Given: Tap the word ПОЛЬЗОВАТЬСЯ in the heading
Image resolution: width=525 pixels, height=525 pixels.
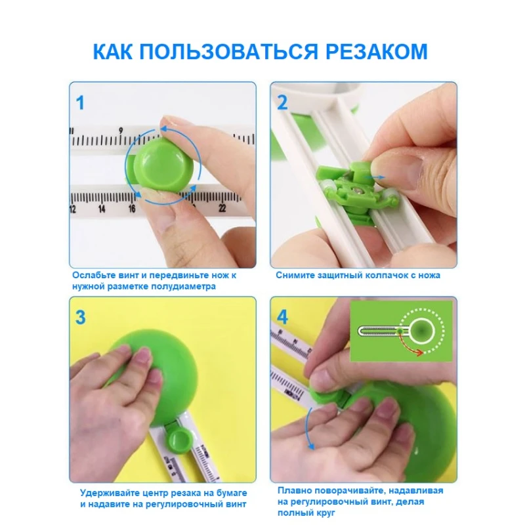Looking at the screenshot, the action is coord(228,52).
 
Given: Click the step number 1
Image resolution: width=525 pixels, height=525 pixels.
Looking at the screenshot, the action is coord(80,103).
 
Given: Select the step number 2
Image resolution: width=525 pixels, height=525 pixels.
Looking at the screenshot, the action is coord(282,102).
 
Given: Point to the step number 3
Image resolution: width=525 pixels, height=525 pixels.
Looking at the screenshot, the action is coord(80,317).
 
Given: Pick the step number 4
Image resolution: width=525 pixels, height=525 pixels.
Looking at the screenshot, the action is coord(283,317).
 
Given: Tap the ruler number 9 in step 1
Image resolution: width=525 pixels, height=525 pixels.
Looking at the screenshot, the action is coord(121,131).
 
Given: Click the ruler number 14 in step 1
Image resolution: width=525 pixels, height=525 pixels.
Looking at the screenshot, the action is coord(102,209).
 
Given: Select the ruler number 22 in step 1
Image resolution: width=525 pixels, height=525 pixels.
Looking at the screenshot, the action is coord(222,208).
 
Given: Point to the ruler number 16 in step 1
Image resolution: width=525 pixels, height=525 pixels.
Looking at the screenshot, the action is coord(132,209).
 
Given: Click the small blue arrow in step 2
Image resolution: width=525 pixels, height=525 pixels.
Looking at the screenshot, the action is coord(374,177).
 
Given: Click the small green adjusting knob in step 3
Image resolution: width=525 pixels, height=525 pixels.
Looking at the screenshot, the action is coord(180,440).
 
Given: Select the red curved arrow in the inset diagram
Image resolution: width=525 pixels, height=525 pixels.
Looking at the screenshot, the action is coord(409,345).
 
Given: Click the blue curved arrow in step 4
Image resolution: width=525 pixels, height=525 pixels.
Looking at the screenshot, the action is coord(308,429).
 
